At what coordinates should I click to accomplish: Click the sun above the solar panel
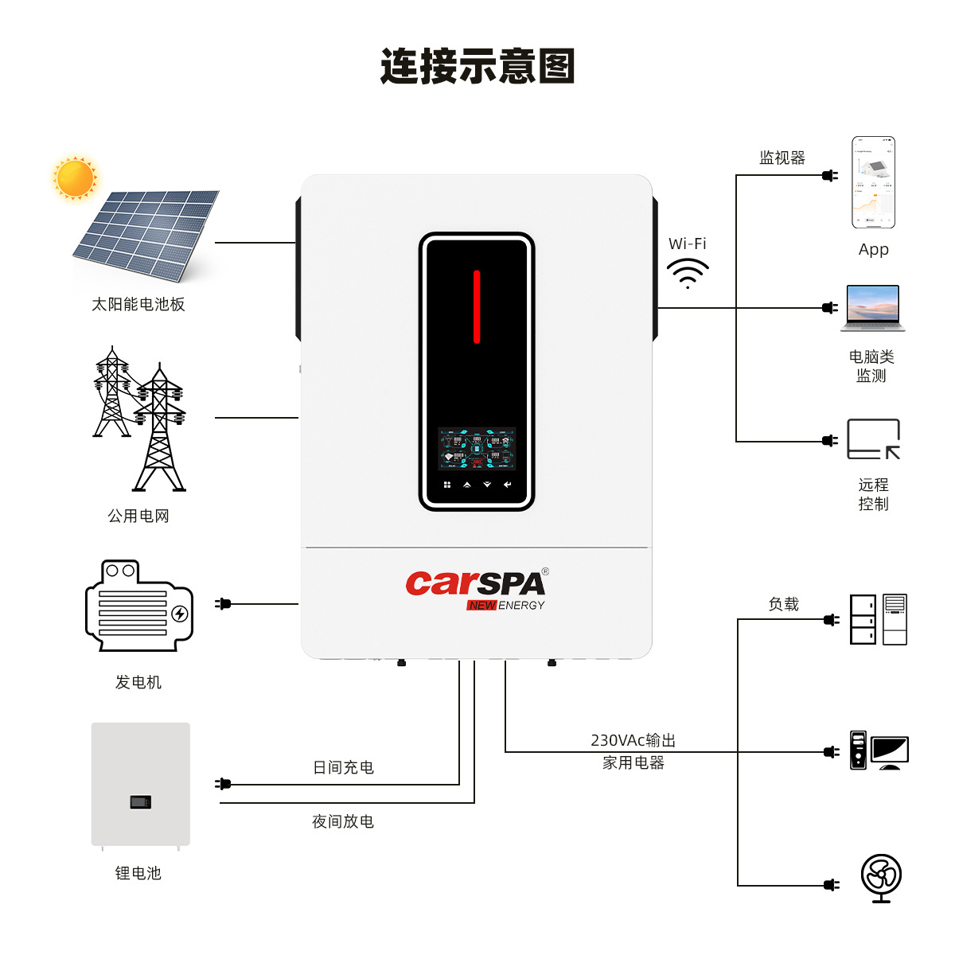pyautogui.click(x=75, y=177)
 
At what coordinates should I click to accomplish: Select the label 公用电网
pyautogui.click(x=138, y=516)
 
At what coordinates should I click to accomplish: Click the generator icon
pyautogui.click(x=138, y=606)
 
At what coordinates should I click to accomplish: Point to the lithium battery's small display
pyautogui.click(x=140, y=802)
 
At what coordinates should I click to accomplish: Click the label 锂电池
pyautogui.click(x=138, y=873)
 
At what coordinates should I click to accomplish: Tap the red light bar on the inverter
pyautogui.click(x=477, y=306)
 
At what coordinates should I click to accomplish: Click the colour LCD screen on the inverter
pyautogui.click(x=477, y=449)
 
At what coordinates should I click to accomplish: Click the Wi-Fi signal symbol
pyautogui.click(x=688, y=273)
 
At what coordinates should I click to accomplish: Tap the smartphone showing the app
pyautogui.click(x=873, y=182)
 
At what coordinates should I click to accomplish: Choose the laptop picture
pyautogui.click(x=873, y=307)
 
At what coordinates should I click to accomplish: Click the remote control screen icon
pyautogui.click(x=873, y=439)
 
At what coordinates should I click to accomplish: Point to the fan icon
pyautogui.click(x=881, y=878)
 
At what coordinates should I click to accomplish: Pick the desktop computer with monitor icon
pyautogui.click(x=879, y=750)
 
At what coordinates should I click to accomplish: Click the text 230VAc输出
pyautogui.click(x=633, y=740)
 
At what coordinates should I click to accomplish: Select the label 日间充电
pyautogui.click(x=343, y=767)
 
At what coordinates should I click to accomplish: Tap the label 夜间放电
pyautogui.click(x=343, y=821)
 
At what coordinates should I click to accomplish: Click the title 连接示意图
pyautogui.click(x=477, y=66)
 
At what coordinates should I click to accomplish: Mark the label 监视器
pyautogui.click(x=782, y=158)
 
